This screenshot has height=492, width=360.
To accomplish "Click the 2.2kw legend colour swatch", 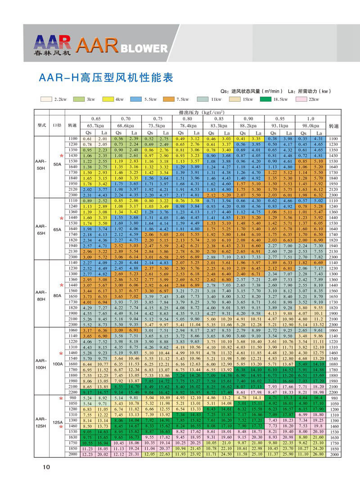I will tap(46, 99).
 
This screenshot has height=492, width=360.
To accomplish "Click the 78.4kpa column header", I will tap(188, 126).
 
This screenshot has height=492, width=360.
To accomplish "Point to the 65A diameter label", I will tap(57, 229).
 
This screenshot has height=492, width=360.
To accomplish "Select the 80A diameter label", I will tap(57, 296).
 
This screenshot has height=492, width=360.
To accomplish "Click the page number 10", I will tap(46, 467).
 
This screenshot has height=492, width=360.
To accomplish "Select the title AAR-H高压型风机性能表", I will tap(103, 77).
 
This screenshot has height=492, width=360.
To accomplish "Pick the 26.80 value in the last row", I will tap(318, 454).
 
